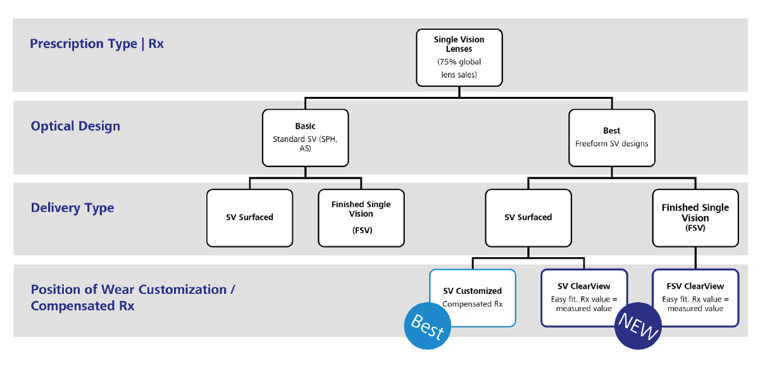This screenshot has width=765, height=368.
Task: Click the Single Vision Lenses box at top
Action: coord(459,57)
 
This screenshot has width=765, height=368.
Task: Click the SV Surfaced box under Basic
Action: coord(249,217)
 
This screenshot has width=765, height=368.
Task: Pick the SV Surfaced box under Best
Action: coord(528,217)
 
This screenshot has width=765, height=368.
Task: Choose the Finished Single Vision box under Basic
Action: coord(361,217)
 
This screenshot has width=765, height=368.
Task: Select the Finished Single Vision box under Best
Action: coord(695,217)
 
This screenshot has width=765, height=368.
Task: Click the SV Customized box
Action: coord(472,297)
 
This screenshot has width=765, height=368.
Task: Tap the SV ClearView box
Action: coord(583,297)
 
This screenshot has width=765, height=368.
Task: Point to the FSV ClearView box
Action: coord(695,297)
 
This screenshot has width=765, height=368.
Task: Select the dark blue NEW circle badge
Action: coord(638,327)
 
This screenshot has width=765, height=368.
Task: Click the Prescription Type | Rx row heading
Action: coord(97,44)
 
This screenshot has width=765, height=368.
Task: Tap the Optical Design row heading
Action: coord(75,126)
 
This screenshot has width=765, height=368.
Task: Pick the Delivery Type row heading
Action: coord(72,208)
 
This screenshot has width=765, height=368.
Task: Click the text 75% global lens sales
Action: coord(459,68)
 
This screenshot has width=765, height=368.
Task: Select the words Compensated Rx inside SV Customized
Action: coord(472,304)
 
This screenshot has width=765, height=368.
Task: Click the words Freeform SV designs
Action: coord(611,144)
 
